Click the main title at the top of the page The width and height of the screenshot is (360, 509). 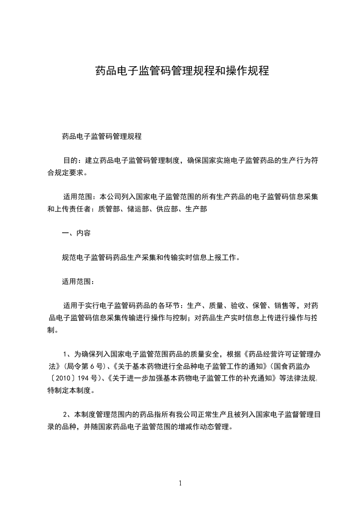pyautogui.click(x=182, y=71)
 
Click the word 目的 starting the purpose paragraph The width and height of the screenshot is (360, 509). pyautogui.click(x=69, y=161)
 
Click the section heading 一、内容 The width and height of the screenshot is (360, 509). pyautogui.click(x=76, y=233)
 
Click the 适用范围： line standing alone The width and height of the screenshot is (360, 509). pyautogui.click(x=78, y=282)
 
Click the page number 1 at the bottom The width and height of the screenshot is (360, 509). pyautogui.click(x=180, y=483)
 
